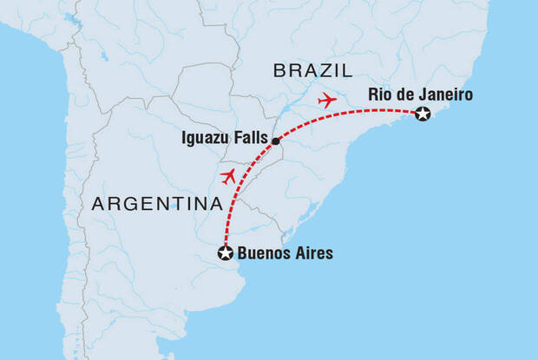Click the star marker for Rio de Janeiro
423,114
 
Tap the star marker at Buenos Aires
225,253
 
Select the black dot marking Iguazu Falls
275,141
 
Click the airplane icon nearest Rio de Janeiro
327,100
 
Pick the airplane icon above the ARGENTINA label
228,177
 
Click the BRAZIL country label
313,70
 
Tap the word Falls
250,138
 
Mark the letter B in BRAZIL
280,70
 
